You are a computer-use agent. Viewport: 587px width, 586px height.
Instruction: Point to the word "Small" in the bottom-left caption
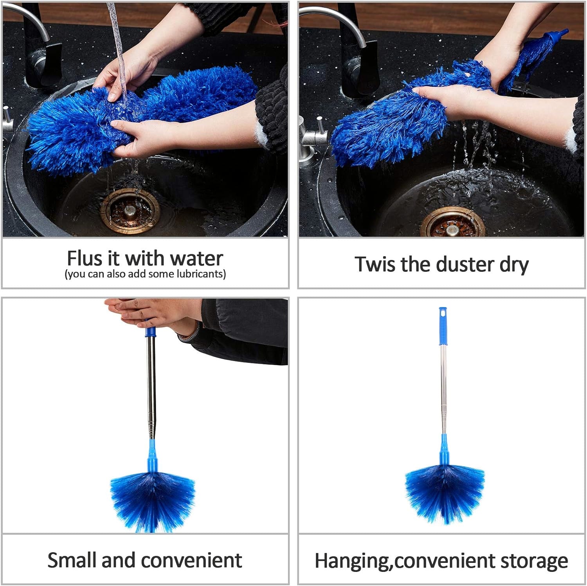(72, 560)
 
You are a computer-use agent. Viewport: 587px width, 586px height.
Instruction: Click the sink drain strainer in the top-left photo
(130, 211)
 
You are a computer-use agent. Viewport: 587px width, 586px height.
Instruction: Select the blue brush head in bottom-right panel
(444, 494)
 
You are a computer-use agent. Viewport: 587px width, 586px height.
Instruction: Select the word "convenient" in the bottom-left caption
(191, 560)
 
